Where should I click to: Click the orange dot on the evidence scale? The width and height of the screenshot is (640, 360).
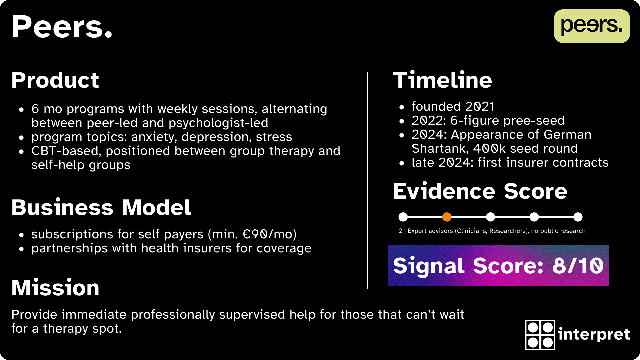[447, 217]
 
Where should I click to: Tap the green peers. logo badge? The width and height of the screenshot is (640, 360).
[592, 26]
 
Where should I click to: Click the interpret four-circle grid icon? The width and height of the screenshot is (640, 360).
[540, 335]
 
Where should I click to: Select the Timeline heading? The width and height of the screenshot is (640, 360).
[442, 80]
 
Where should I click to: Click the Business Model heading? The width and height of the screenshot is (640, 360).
[101, 207]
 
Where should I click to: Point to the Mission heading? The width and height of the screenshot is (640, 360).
[55, 288]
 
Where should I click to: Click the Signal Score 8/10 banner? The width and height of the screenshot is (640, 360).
[498, 266]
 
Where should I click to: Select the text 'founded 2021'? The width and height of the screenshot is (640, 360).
[453, 106]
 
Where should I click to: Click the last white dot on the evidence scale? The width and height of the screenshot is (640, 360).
[578, 217]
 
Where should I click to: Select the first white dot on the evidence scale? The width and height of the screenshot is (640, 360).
[403, 217]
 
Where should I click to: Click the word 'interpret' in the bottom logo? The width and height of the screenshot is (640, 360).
[594, 334]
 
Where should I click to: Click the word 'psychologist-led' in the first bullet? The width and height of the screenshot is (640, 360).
[218, 123]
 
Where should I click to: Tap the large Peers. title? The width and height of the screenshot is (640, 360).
[62, 27]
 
